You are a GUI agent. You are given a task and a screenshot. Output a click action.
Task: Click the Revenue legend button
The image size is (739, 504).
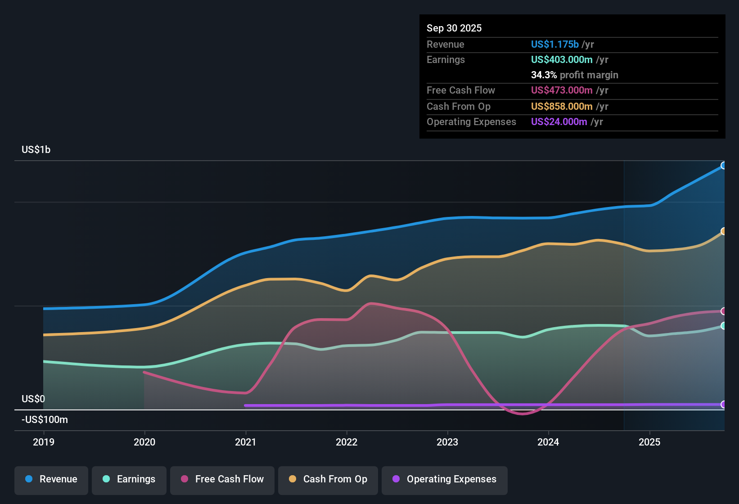pos(51,479)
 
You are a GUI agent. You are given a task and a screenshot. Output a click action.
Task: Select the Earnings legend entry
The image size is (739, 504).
pos(129,479)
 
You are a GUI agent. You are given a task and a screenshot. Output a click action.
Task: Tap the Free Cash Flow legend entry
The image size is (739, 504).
pos(222,479)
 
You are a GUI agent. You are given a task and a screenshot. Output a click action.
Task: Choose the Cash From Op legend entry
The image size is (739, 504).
pos(328,479)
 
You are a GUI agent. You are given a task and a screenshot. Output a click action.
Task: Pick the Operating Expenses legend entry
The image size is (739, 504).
pos(445,479)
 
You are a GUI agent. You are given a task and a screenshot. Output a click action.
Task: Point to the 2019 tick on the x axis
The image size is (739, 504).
pos(44,442)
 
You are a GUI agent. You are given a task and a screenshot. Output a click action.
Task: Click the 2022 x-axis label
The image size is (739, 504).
pos(347,442)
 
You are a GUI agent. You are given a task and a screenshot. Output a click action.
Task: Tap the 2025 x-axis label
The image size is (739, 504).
pos(649,442)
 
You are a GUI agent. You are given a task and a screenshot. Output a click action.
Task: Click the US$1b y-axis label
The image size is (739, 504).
pos(36,150)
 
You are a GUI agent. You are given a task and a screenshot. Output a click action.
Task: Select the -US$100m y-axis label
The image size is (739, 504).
pos(45,420)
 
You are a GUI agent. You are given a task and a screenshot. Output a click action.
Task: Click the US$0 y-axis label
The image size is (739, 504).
pos(33,399)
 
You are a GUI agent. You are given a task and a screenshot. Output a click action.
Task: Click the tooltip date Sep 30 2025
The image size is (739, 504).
pos(454,28)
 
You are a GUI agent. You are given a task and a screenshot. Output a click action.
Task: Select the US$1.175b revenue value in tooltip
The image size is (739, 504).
pos(554,45)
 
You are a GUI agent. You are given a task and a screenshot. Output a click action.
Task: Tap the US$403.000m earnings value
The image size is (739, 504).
pos(561,60)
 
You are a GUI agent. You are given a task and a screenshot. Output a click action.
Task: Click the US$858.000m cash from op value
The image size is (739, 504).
pos(561,107)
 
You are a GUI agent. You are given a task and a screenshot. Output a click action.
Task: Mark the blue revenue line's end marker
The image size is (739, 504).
pos(723,166)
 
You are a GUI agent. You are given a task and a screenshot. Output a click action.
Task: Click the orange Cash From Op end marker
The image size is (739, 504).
pos(723,231)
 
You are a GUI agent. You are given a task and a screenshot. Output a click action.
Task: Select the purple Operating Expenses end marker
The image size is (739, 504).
pos(723,405)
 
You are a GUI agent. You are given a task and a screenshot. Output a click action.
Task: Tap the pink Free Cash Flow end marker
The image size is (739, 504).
pos(723,311)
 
